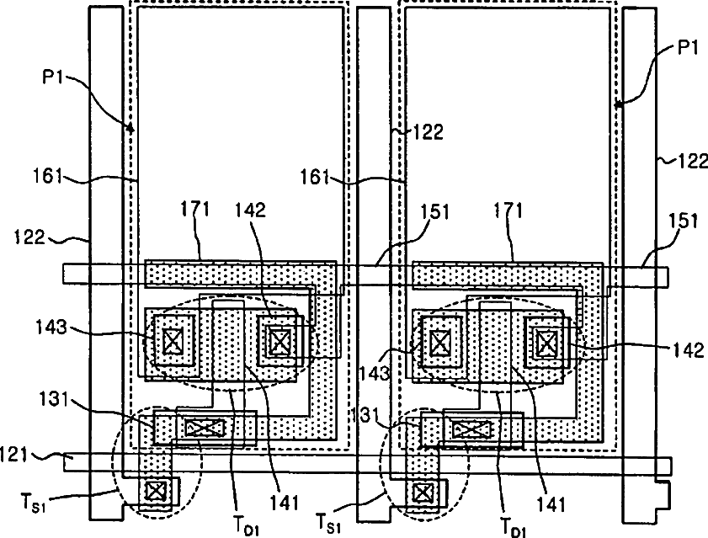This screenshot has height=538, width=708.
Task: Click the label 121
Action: (x=16, y=455)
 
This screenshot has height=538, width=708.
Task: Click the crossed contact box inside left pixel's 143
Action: (x=173, y=341)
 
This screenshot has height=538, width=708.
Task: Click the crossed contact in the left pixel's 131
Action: (x=205, y=428)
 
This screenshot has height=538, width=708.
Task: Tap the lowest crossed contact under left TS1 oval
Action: (x=156, y=490)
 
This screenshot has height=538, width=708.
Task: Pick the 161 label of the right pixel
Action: (x=317, y=178)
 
